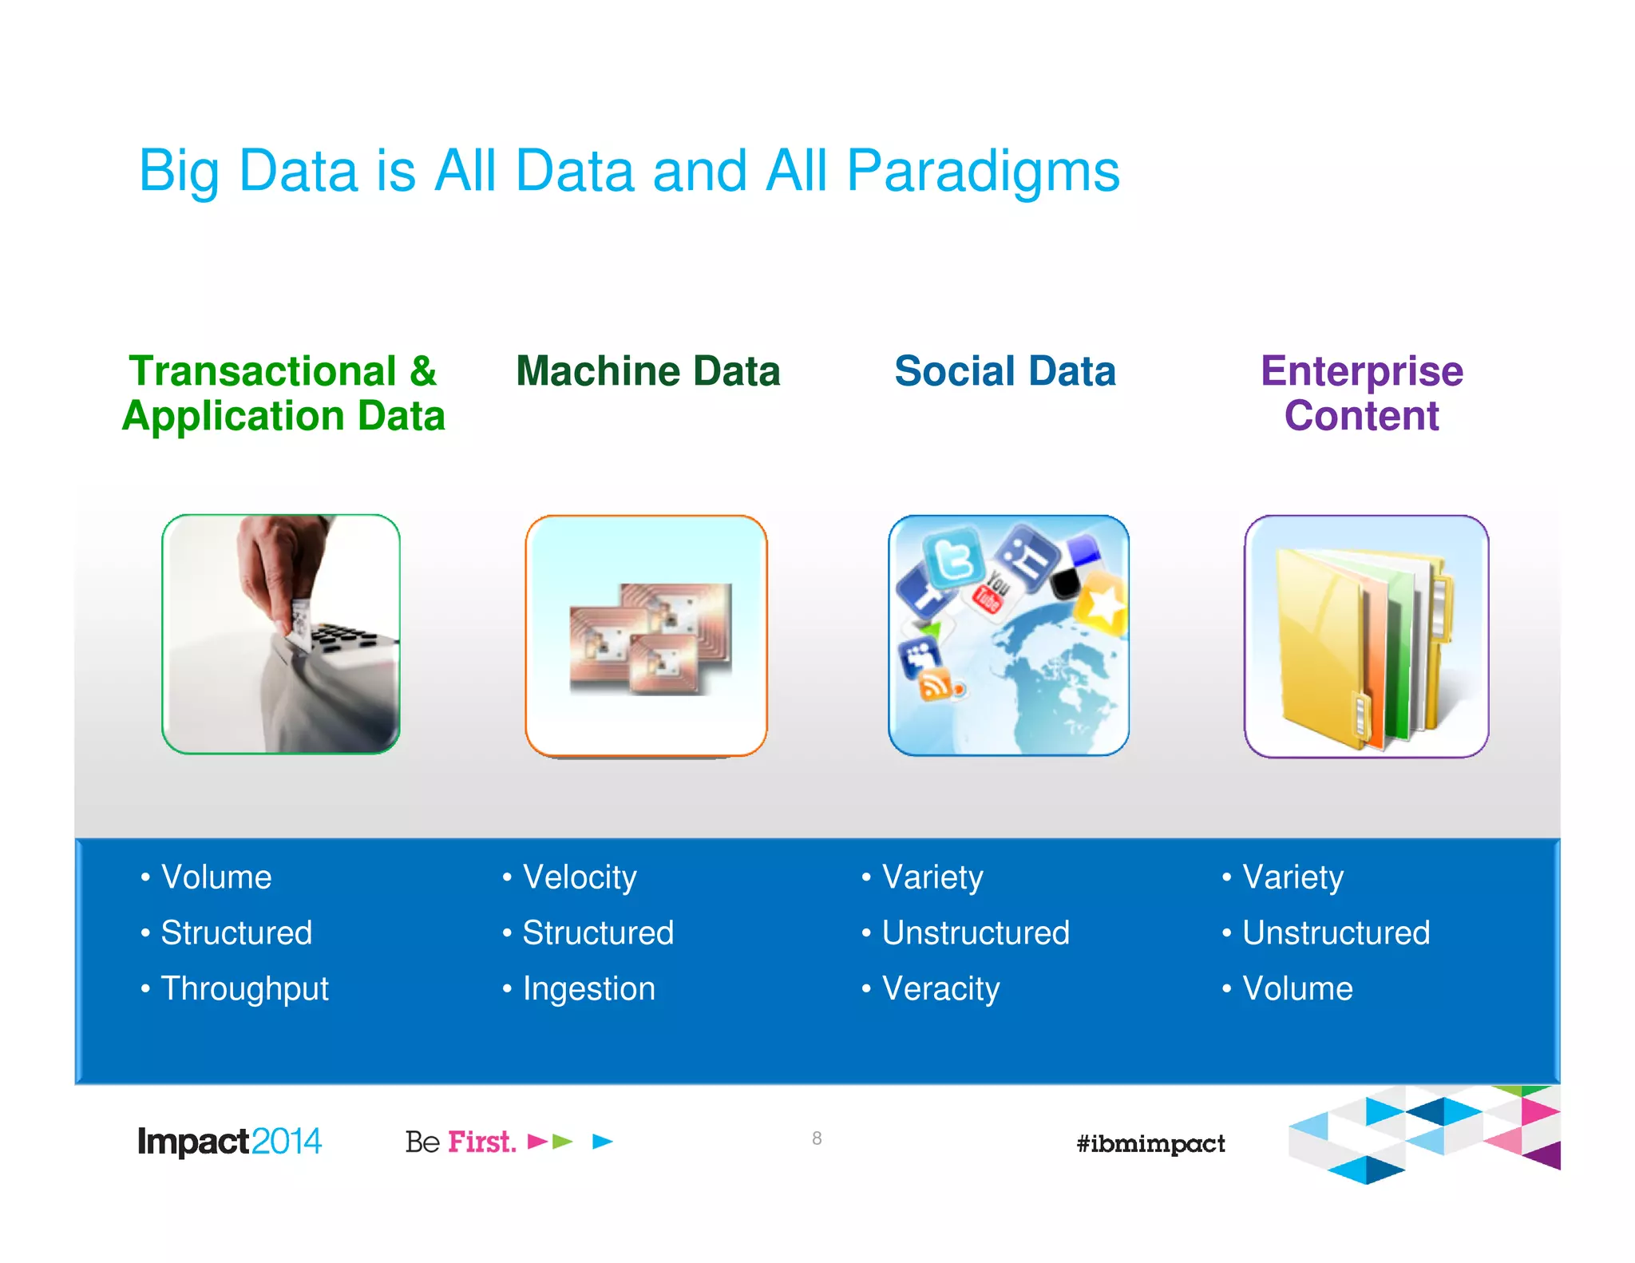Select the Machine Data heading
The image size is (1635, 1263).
click(x=647, y=371)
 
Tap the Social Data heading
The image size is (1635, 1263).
click(x=1004, y=371)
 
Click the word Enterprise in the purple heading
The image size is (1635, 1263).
click(x=1361, y=371)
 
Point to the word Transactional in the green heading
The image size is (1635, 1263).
click(x=263, y=371)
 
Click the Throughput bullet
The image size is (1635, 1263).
click(x=244, y=988)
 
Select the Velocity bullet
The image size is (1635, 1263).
click(x=580, y=877)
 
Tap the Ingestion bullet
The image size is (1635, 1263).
click(x=588, y=988)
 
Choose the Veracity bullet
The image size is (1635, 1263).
click(x=940, y=988)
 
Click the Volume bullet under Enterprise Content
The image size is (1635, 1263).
click(x=1297, y=988)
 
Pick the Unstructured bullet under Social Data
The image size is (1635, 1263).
click(x=976, y=932)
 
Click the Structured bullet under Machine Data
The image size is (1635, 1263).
click(x=598, y=932)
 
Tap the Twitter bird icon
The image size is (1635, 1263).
click(x=953, y=557)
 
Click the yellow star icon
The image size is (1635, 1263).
click(x=1103, y=604)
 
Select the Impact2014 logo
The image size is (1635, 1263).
click(x=229, y=1142)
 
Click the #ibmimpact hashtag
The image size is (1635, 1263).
click(x=1150, y=1143)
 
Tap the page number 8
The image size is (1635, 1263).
click(x=817, y=1138)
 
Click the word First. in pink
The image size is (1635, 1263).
click(x=481, y=1142)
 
